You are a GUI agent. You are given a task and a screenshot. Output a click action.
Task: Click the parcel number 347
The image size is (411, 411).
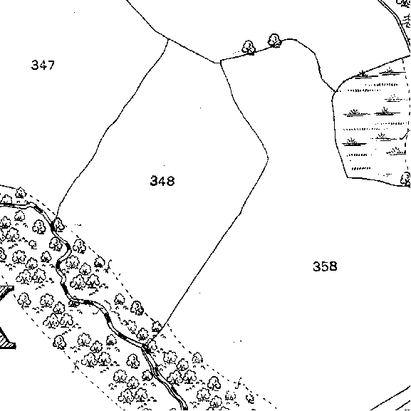[x=43, y=65]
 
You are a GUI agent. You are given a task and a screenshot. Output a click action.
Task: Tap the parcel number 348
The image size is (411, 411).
[x=162, y=181]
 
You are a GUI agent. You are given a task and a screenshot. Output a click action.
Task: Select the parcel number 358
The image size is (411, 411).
[x=325, y=266]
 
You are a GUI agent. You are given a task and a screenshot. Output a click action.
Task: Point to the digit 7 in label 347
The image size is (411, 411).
[x=51, y=65]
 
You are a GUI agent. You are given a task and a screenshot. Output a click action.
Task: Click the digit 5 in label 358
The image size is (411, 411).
[x=325, y=266]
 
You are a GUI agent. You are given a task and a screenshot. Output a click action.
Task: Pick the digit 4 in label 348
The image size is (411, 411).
[x=162, y=181]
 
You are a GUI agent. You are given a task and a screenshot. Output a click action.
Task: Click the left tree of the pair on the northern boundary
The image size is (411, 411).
[x=249, y=48]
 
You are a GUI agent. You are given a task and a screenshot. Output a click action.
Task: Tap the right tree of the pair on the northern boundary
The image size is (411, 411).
[x=274, y=41]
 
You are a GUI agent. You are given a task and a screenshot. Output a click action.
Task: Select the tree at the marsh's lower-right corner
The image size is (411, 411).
[x=406, y=179]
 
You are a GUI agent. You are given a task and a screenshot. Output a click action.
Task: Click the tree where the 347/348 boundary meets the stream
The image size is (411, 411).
[x=58, y=224]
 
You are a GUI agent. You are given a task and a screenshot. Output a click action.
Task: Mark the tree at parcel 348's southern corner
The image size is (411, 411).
[x=157, y=327]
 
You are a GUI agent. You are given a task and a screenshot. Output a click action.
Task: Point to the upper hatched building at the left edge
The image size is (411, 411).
[x=6, y=291]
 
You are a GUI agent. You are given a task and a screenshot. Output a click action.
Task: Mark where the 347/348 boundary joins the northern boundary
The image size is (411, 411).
[x=168, y=39]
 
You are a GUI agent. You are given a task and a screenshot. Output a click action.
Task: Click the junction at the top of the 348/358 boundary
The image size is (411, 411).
[x=221, y=61]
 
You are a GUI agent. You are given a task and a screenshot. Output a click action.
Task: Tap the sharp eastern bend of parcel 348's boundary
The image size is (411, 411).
[x=268, y=158]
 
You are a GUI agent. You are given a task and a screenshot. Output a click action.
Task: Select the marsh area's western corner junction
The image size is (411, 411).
[x=335, y=91]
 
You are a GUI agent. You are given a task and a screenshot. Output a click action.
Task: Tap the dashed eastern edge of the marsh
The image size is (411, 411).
[x=407, y=120]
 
